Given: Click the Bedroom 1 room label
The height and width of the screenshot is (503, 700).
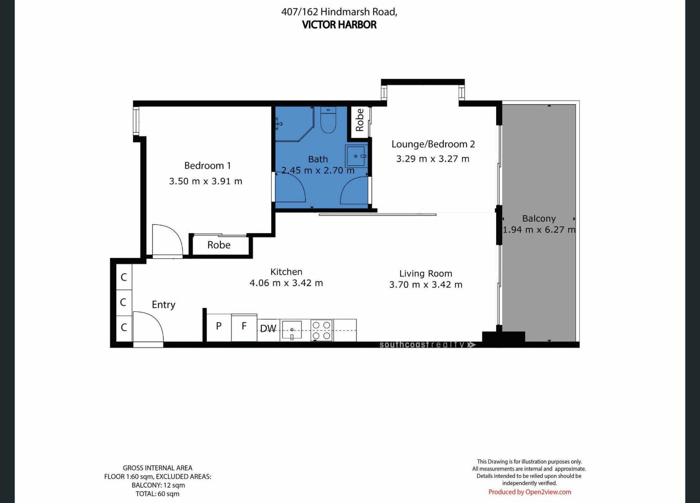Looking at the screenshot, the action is tap(207, 166).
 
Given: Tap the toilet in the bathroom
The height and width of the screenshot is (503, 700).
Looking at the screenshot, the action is tap(328, 119).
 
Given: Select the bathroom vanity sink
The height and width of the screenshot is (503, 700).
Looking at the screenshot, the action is tap(356, 156).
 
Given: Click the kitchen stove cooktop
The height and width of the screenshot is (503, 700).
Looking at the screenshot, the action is tap(322, 330).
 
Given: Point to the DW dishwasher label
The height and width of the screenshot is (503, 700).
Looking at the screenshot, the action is tap(268, 329).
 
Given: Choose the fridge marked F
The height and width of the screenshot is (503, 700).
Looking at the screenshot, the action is tap(244, 328).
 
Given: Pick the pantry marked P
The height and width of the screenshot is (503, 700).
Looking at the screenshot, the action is tap(219, 328).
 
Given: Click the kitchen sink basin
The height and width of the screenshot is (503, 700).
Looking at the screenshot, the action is tap(292, 329).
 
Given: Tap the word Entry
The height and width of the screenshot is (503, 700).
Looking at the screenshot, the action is tap(164, 305).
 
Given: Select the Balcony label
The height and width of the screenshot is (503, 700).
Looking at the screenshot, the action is tap(539, 218).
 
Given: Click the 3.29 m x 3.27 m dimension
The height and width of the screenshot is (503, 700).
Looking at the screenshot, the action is tap(433, 159).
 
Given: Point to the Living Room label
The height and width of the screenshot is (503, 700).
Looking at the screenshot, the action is tap(426, 274).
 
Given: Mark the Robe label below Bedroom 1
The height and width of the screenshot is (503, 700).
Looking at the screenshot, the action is tap(219, 245).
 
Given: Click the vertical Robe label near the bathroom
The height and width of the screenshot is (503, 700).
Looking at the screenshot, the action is tap(359, 120).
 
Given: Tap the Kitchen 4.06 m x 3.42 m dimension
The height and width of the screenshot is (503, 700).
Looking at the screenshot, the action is tap(286, 283).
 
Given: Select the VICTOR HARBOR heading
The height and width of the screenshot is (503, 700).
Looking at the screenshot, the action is tap(339, 25).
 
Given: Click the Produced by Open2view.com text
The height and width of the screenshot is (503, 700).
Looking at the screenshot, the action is tap(530, 492).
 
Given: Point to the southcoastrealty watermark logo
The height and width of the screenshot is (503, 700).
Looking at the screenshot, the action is tap(427, 345).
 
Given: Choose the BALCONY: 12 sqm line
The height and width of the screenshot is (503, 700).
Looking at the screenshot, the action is tap(158, 485).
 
